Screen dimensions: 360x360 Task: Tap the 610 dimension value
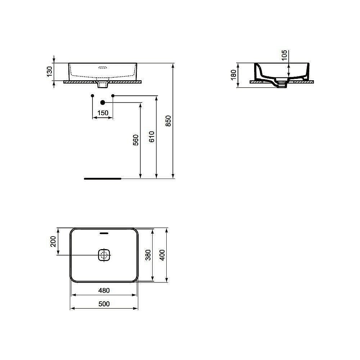coord(152,137)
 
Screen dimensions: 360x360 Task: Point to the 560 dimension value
coord(136,140)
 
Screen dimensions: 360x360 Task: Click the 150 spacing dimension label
coord(103,113)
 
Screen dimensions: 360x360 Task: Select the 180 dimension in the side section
coord(233,74)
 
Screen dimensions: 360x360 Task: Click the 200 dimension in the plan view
coord(53,241)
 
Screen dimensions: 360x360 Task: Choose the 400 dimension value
coord(162,255)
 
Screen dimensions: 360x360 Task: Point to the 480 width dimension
coord(104,290)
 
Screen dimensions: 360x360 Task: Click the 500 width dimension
coord(104,304)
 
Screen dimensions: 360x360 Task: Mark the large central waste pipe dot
coord(103,103)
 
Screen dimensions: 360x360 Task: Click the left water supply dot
coord(93,95)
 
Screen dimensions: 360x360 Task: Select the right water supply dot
coord(113,95)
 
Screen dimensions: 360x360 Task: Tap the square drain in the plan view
coord(104,255)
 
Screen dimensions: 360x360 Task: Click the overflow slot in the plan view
coord(104,233)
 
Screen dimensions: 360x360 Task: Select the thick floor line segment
coord(103,178)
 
